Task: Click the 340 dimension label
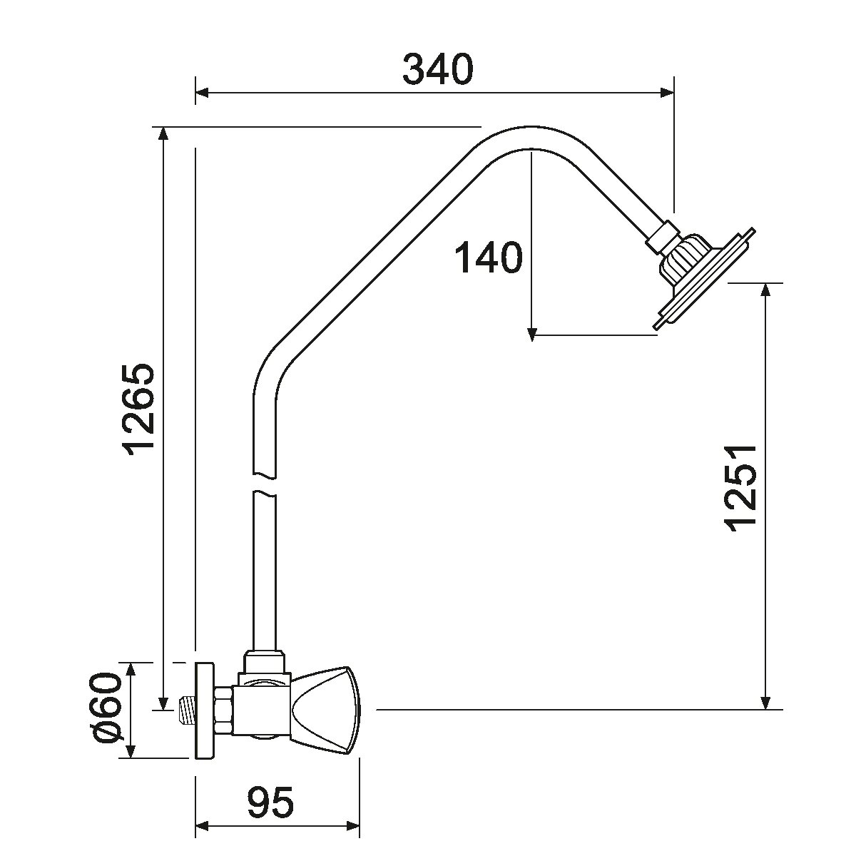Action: (x=437, y=69)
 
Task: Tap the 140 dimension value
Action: (x=488, y=258)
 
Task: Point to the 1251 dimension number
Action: (x=740, y=487)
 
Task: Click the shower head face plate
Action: (x=704, y=280)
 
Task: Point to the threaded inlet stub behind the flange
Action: (x=185, y=710)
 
